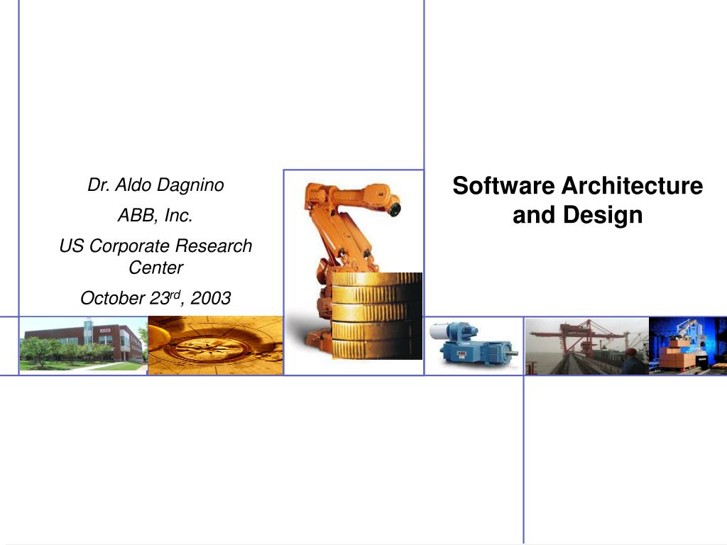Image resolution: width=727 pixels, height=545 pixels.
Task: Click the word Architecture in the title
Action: click(632, 186)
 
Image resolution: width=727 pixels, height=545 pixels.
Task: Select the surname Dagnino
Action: click(190, 185)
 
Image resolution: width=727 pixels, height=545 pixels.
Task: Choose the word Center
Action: click(155, 268)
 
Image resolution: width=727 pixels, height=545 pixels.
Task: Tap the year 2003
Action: click(212, 299)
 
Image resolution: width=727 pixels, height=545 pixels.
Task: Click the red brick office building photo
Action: click(82, 344)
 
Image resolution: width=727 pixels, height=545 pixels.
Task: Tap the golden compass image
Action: click(215, 346)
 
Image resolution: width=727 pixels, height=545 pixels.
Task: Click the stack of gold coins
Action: click(376, 316)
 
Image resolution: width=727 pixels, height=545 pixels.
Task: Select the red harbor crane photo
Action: click(586, 346)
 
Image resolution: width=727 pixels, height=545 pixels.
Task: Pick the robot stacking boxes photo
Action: click(687, 346)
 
